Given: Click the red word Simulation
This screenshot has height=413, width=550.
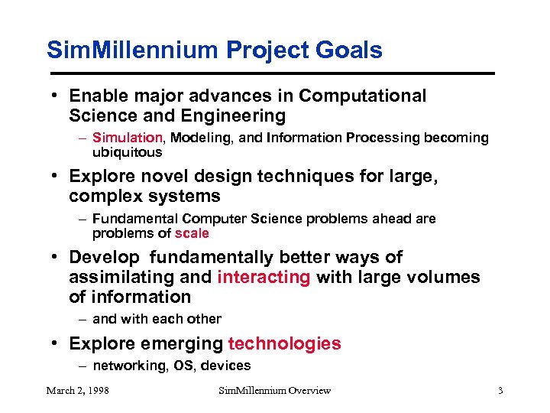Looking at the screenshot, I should click(128, 138).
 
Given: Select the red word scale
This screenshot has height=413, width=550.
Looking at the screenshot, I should click(192, 233).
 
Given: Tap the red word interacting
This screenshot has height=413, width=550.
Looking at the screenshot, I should click(264, 277).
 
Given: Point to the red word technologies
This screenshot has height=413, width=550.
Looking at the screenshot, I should click(285, 343).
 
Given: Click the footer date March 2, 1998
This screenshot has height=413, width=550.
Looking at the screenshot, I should click(77, 391).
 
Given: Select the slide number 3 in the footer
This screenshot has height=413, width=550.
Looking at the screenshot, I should click(500, 391).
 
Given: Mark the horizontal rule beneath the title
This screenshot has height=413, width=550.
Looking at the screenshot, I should click(270, 73).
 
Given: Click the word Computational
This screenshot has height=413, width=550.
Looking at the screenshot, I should click(363, 96).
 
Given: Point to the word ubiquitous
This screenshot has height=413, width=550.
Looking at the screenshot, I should click(127, 152).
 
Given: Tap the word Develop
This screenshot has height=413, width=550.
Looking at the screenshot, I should click(105, 257).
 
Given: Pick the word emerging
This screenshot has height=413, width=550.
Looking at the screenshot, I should click(187, 343).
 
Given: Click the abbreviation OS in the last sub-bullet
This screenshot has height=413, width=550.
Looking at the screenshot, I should click(184, 366).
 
